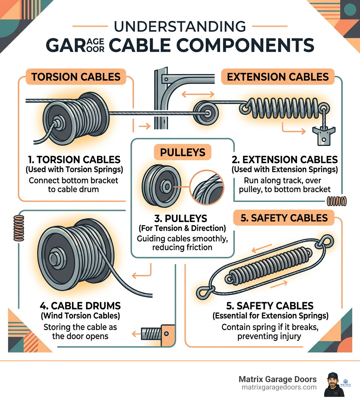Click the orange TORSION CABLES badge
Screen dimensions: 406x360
tap(76, 76)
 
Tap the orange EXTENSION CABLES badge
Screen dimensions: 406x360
tap(278, 76)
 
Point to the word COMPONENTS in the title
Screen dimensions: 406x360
tap(246, 45)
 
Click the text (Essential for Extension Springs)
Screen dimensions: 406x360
tap(270, 316)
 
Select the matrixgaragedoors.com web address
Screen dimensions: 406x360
tap(279, 387)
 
